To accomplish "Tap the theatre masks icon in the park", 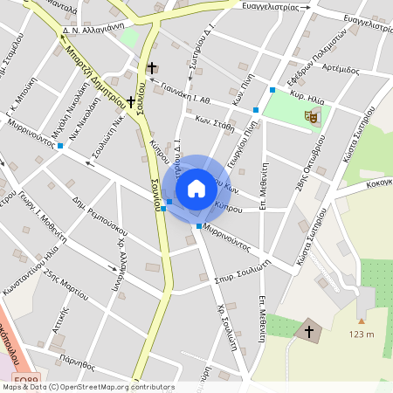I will [x=311, y=114].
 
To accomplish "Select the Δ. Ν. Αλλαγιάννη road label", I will [x=97, y=29].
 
